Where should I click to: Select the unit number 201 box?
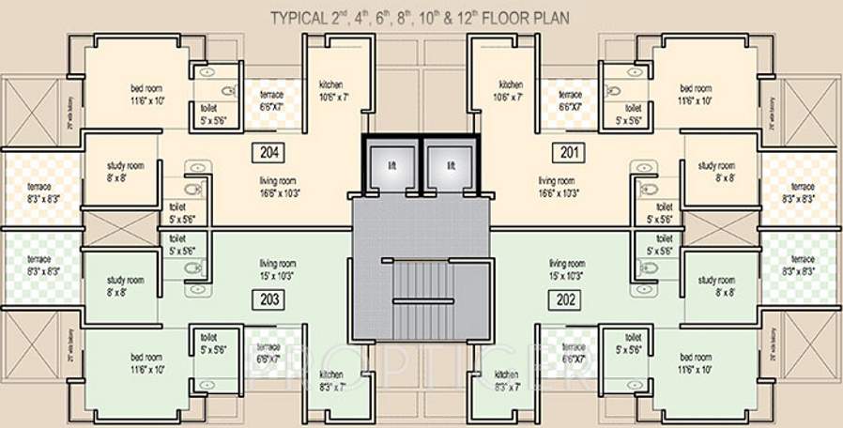click(x=569, y=151)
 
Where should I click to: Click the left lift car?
click(x=391, y=166)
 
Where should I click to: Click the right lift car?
click(x=451, y=166)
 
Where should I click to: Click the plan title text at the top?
click(x=420, y=17)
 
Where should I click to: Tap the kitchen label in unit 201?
click(x=510, y=90)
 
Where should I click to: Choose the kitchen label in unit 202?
click(x=507, y=380)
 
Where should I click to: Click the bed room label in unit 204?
click(x=146, y=94)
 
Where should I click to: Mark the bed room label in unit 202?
click(x=696, y=363)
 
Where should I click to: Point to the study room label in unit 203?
click(x=125, y=285)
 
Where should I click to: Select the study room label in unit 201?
click(x=716, y=172)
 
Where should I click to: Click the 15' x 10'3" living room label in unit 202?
click(x=566, y=270)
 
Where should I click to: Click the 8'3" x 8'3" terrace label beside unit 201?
click(x=803, y=192)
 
